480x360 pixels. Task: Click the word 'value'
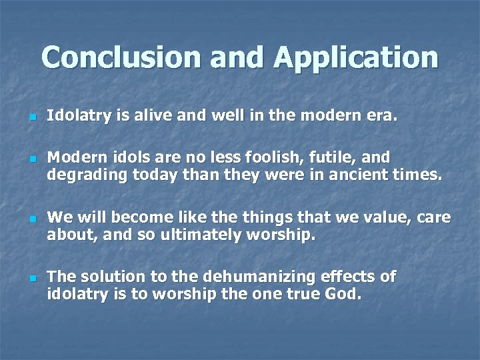tap(389, 217)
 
